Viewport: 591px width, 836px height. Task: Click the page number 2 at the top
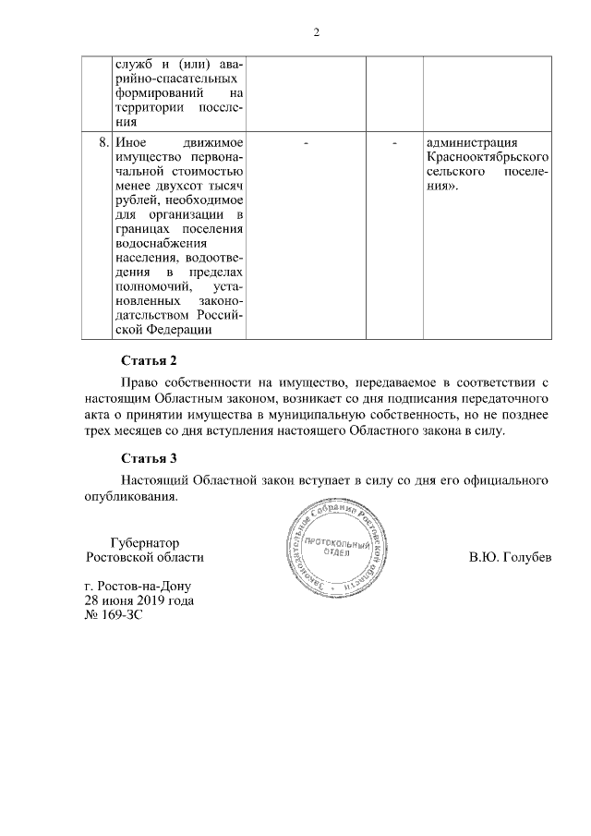pyautogui.click(x=316, y=33)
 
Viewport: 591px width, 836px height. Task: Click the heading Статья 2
pyautogui.click(x=148, y=359)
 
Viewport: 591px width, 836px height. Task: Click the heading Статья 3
pyautogui.click(x=148, y=457)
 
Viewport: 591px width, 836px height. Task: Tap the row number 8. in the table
pyautogui.click(x=103, y=143)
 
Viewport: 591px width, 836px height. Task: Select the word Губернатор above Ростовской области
pyautogui.click(x=144, y=543)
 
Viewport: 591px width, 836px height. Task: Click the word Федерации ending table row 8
pyautogui.click(x=179, y=329)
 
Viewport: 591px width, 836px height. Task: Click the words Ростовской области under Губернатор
pyautogui.click(x=144, y=558)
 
